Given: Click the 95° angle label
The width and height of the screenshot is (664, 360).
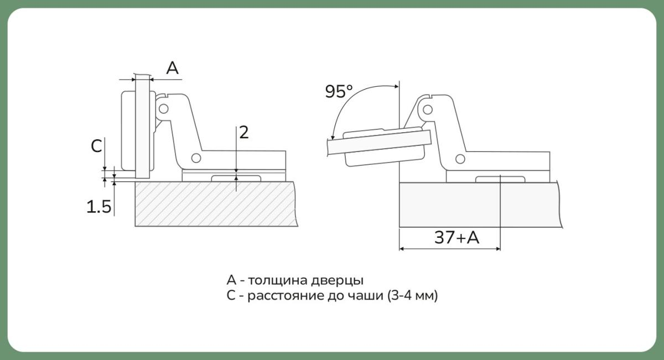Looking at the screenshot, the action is coord(339,91).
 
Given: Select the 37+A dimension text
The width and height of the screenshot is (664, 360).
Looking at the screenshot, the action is coord(457,238).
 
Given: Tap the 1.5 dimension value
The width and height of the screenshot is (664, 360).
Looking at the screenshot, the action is coord(99,206).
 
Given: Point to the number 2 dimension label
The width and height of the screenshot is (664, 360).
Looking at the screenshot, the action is coord(243,132).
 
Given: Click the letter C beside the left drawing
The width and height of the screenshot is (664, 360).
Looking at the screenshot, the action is coord(96,146).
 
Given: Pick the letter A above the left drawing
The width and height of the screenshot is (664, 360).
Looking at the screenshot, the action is coord(172,68).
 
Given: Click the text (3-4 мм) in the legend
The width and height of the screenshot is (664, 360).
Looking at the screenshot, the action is coord(413,295).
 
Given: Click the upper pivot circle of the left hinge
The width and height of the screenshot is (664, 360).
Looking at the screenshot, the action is coord(163,109).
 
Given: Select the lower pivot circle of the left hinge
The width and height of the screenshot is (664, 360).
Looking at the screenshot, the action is coord(196,158).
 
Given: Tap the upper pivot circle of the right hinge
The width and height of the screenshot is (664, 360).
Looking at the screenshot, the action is coord(427,109).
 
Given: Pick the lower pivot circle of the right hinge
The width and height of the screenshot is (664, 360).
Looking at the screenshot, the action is coord(460,159).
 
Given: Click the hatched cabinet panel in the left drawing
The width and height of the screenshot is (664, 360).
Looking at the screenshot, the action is coord(216,204).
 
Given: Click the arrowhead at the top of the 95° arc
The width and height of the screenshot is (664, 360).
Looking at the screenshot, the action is coord(396,86).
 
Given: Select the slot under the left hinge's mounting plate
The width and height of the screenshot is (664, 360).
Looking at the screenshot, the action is coord(236,179).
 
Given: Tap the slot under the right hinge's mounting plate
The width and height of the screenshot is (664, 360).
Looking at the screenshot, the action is coord(500,180).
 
